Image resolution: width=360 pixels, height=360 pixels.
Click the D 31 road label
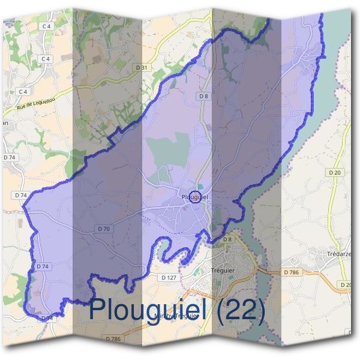pyautogui.click(x=142, y=68)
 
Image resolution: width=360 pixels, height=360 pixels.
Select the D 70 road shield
pyautogui.click(x=104, y=229)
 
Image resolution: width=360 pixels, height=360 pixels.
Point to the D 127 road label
pyautogui.click(x=169, y=278)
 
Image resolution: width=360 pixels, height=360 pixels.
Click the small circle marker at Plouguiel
pyautogui.click(x=194, y=196)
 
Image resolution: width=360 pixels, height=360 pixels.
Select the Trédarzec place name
pyautogui.click(x=340, y=254)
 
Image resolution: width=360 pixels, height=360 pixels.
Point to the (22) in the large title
pyautogui.click(x=241, y=310)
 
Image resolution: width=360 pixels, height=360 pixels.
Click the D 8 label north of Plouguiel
pyautogui.click(x=204, y=96)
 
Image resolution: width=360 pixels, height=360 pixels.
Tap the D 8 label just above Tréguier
pyautogui.click(x=227, y=240)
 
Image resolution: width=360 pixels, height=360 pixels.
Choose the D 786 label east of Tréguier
pyautogui.click(x=291, y=272)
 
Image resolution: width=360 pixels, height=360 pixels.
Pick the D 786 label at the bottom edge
pyautogui.click(x=113, y=339)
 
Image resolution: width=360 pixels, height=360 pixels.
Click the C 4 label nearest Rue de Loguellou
pyautogui.click(x=23, y=91)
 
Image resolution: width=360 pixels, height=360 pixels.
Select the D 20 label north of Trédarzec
pyautogui.click(x=335, y=173)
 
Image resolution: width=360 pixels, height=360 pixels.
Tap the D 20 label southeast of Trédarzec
pyautogui.click(x=346, y=284)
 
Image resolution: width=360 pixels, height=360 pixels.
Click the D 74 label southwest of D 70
pyautogui.click(x=42, y=266)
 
